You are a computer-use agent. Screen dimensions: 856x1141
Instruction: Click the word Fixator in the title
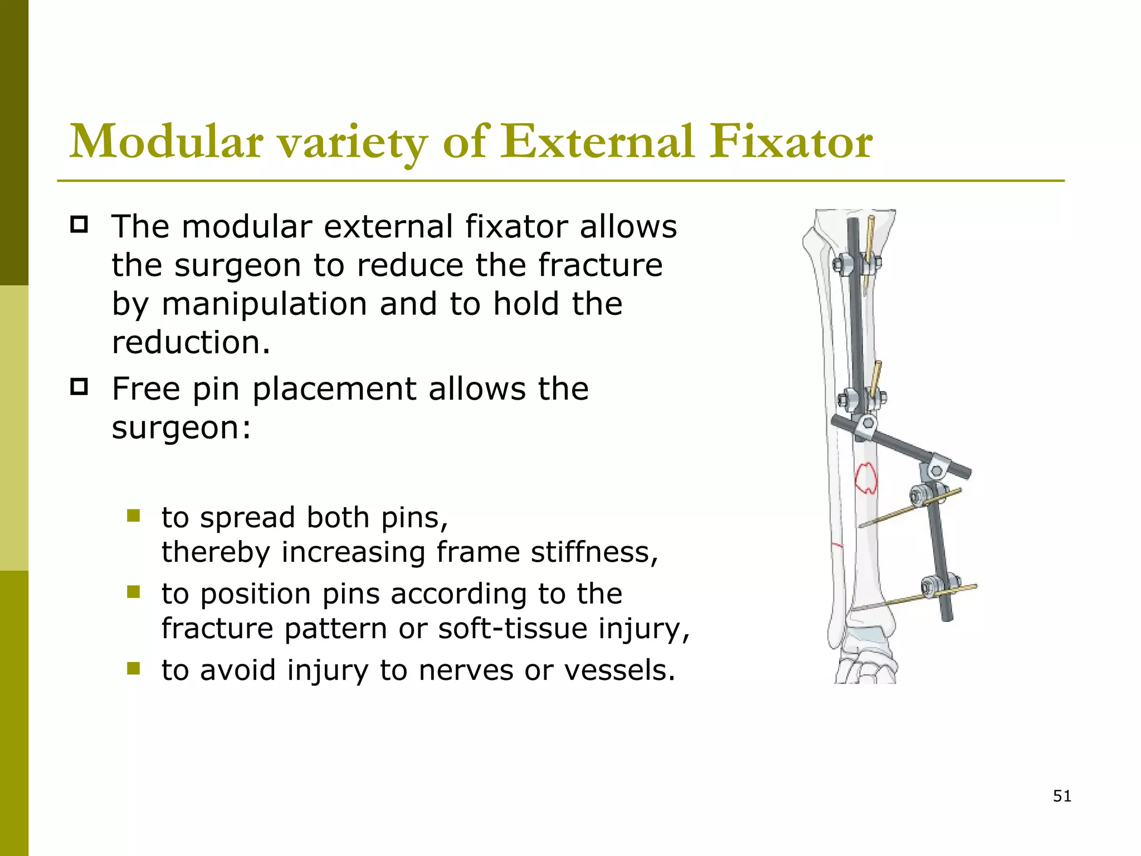tap(791, 142)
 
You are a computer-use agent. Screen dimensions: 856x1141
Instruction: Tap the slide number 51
tap(1062, 796)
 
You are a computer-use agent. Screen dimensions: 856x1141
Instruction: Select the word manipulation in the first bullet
tap(264, 304)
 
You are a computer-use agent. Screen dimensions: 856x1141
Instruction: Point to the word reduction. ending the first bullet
tap(191, 342)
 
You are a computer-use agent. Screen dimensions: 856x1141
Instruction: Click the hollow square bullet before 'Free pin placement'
tap(79, 386)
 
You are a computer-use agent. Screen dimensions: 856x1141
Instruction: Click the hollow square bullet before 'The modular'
tap(79, 225)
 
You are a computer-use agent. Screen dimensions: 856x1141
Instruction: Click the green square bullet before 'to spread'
tap(133, 515)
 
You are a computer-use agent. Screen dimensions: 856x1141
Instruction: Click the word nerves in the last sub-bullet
tap(466, 670)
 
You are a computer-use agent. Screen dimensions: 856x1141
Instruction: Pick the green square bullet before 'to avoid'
tap(133, 668)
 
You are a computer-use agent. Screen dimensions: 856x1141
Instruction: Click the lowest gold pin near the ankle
tap(914, 599)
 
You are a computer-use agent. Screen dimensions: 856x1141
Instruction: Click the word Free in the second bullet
tap(146, 389)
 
